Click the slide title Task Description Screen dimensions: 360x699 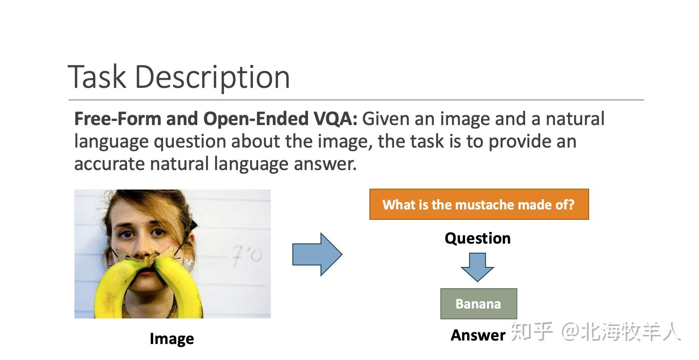coord(179,77)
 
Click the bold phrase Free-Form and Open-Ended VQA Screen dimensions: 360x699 coord(215,119)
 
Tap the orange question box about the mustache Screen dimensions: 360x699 coord(479,204)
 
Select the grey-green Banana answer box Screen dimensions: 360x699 coord(478,304)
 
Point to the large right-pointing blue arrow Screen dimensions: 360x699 coord(317,254)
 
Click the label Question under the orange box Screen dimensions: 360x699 coord(478,238)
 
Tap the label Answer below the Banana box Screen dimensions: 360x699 coord(478,335)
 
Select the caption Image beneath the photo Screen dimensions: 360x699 coord(172,338)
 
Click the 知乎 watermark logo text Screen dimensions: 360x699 coord(532,332)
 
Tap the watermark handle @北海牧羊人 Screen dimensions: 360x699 coord(621,332)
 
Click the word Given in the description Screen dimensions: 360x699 coord(386,119)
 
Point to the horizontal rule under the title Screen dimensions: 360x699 coord(356,100)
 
